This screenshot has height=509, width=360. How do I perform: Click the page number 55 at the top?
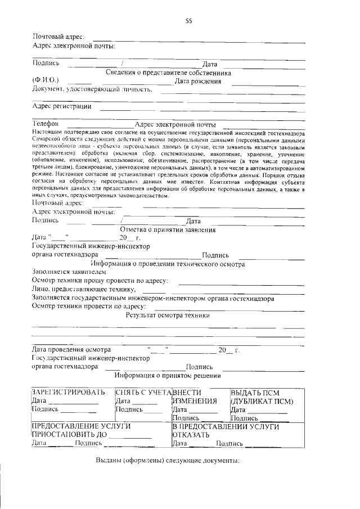coord(189,21)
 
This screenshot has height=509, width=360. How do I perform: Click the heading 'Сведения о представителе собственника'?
coord(169,73)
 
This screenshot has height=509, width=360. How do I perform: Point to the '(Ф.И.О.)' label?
coord(46,81)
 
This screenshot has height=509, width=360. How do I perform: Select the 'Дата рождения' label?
coord(197,81)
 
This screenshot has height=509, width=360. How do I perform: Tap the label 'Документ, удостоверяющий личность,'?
coord(92,89)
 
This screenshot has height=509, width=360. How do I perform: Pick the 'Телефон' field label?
coord(46,124)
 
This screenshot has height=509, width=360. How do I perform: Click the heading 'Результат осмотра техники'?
coord(168,316)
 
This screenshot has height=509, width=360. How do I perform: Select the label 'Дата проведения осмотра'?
coord(71,350)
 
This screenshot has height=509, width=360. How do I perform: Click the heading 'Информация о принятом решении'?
coord(168,375)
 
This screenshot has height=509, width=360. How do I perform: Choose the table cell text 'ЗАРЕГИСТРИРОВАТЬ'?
coord(69,392)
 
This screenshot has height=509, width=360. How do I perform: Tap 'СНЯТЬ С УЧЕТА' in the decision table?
coord(143,392)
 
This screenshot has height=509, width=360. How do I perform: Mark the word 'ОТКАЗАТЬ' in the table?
coord(191,435)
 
